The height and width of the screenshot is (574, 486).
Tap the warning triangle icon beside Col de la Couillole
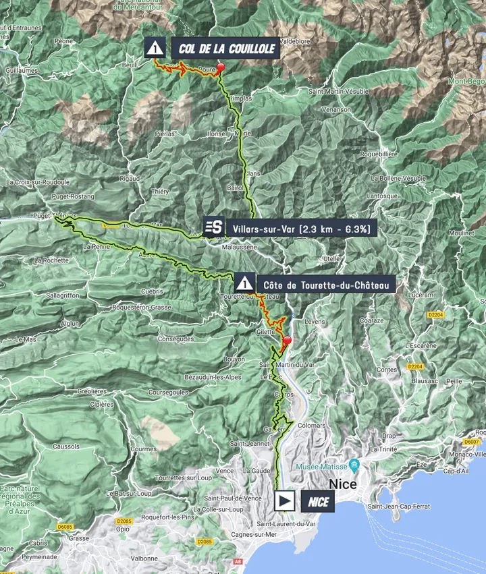[x=155, y=48]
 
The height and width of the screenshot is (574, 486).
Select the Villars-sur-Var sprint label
[x=301, y=229]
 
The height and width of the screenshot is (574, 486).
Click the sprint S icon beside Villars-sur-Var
[x=214, y=227]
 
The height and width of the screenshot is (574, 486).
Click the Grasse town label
[x=79, y=538]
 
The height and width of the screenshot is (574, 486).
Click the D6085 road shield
[x=65, y=526]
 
